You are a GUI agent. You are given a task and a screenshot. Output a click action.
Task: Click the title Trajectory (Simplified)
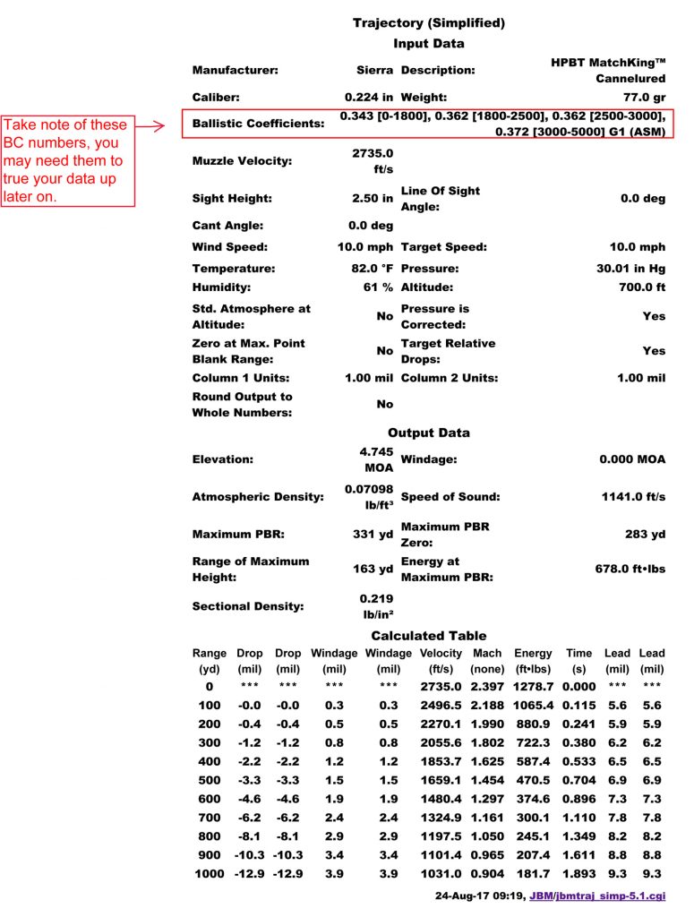pos(429,22)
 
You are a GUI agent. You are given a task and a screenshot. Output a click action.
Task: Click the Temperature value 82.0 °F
pos(370,269)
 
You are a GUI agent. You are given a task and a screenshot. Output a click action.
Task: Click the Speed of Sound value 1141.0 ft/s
pos(633,497)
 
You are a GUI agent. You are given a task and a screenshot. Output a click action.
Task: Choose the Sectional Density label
pos(248,606)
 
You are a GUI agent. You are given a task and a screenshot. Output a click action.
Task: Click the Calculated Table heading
pos(429,636)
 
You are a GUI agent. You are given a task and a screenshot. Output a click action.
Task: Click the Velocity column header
pos(441,654)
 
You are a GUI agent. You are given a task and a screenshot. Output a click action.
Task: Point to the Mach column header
pos(487,654)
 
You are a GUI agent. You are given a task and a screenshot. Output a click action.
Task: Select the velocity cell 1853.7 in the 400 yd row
pos(441,759)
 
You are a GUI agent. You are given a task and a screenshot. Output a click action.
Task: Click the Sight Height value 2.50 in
pos(373,198)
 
